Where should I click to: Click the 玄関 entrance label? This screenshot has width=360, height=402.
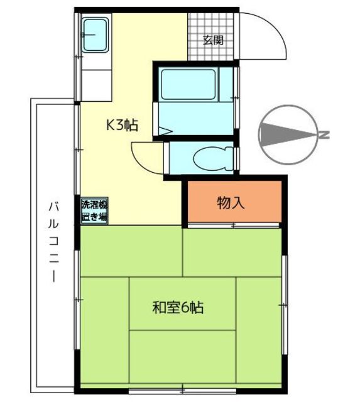(214, 40)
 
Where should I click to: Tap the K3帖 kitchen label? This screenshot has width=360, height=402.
(123, 126)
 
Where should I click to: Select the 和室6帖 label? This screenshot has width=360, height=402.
(178, 308)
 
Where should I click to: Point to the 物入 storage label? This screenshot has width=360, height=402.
(231, 203)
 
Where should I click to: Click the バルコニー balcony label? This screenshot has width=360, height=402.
(54, 242)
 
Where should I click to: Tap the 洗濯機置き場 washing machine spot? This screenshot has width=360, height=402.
(94, 211)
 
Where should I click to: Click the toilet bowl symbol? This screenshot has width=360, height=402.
(214, 158)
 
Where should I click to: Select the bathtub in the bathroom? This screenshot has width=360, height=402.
(188, 85)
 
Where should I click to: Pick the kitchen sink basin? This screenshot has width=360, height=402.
(95, 35)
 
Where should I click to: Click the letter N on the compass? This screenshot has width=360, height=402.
(324, 134)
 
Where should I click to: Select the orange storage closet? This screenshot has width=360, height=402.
(234, 202)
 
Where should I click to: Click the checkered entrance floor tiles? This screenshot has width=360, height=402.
(210, 36)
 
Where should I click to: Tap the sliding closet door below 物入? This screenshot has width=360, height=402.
(233, 225)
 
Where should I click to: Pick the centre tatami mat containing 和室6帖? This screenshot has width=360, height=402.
(182, 303)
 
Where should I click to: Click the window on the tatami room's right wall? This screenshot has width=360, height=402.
(285, 305)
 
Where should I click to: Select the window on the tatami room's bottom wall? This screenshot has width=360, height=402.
(182, 391)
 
